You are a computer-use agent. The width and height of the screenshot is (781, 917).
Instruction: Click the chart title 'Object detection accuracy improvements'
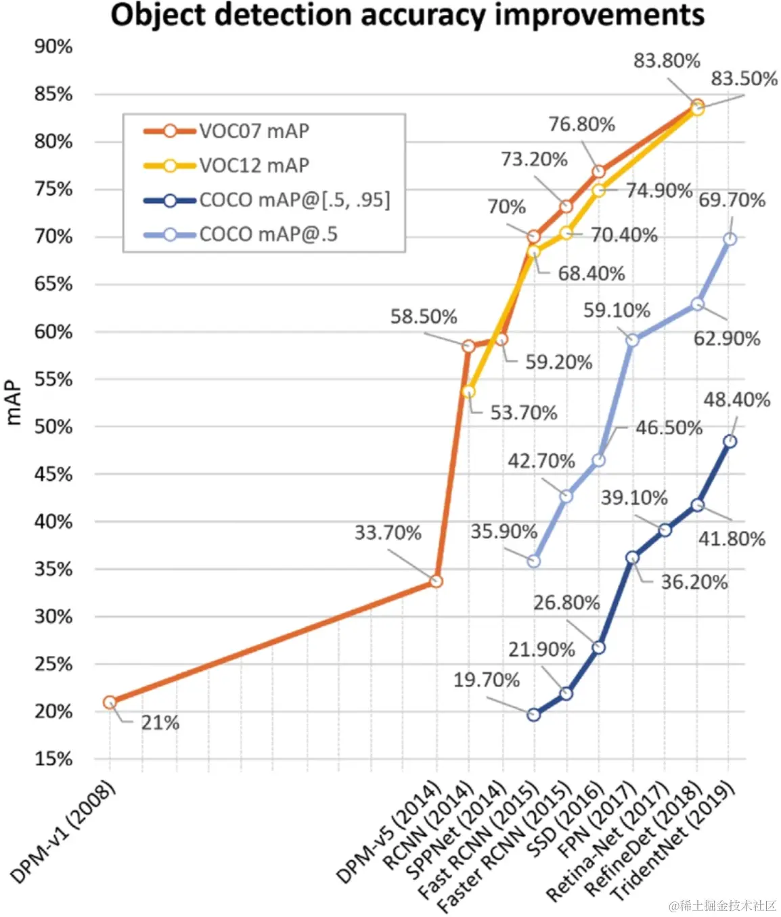point(407,15)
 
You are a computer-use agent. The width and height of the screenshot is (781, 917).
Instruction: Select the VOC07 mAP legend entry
point(254,131)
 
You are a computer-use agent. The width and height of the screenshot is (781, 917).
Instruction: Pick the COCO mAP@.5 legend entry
point(268,235)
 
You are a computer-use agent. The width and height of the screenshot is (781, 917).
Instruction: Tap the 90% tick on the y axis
point(53,47)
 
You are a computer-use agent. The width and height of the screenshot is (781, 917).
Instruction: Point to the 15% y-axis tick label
point(53,759)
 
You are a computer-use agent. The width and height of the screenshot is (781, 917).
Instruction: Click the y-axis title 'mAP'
point(14,404)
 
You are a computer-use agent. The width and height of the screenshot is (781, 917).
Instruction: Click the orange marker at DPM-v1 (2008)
point(110,702)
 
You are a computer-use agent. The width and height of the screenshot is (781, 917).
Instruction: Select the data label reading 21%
point(160,723)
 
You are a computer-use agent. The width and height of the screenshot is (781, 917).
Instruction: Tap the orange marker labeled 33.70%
point(437,581)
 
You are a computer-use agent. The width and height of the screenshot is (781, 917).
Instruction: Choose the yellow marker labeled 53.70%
point(468,392)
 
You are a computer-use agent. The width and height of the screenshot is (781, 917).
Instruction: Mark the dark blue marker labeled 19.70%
point(533,714)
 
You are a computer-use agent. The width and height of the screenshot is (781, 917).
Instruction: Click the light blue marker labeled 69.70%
point(730,239)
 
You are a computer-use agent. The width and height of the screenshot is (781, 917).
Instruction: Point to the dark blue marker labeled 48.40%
point(730,441)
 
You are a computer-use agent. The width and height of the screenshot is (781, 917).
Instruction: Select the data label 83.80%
point(667,61)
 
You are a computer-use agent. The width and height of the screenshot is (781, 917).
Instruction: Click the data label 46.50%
point(669,427)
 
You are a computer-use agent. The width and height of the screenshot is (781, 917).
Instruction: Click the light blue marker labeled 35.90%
point(533,561)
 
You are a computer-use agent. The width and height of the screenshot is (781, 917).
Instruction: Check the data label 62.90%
point(727,338)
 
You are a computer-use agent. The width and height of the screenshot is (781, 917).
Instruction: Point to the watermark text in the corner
point(722,905)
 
